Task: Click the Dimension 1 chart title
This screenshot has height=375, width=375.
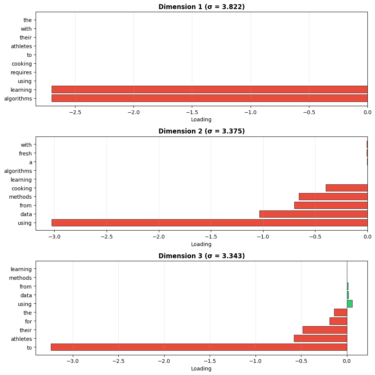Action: pyautogui.click(x=201, y=6)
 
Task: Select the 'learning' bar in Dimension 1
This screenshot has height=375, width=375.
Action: pyautogui.click(x=209, y=89)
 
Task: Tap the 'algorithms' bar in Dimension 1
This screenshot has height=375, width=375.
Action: pyautogui.click(x=209, y=99)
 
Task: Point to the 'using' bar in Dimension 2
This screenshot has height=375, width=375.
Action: pyautogui.click(x=209, y=223)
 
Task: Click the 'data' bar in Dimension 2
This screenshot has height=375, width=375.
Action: pyautogui.click(x=313, y=214)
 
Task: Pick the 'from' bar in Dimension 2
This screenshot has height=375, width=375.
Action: pyautogui.click(x=331, y=206)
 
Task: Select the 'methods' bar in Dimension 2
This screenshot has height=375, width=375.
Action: pyautogui.click(x=333, y=197)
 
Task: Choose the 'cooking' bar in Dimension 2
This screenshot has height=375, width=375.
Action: pyautogui.click(x=347, y=188)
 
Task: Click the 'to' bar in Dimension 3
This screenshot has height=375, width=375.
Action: pyautogui.click(x=199, y=347)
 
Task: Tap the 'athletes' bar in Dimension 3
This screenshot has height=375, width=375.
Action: pyautogui.click(x=320, y=339)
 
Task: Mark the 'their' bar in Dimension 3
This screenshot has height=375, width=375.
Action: pyautogui.click(x=325, y=330)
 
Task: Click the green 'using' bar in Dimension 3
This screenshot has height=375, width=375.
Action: pyautogui.click(x=350, y=304)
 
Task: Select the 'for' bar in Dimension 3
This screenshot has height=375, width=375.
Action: pyautogui.click(x=338, y=321)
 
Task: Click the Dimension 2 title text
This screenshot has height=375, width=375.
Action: pyautogui.click(x=201, y=131)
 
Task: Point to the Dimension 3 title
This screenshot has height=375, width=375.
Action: pyautogui.click(x=201, y=256)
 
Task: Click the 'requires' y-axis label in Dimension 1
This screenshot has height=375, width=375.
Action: pyautogui.click(x=22, y=72)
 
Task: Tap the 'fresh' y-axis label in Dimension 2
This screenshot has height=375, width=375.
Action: pyautogui.click(x=25, y=154)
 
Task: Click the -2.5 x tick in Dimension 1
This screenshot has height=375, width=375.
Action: pyautogui.click(x=75, y=112)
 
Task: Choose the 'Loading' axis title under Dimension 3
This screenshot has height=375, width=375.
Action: pyautogui.click(x=201, y=369)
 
